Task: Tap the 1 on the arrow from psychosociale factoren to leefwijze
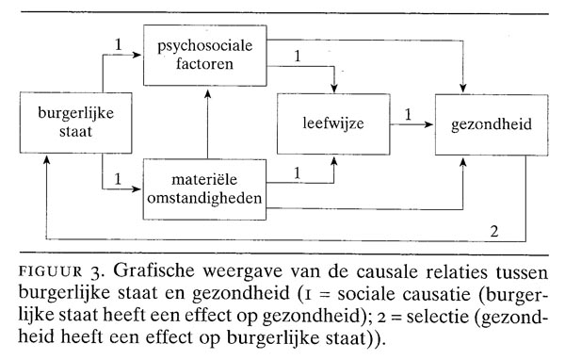(x=298, y=56)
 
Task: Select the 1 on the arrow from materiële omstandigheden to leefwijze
(x=298, y=171)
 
